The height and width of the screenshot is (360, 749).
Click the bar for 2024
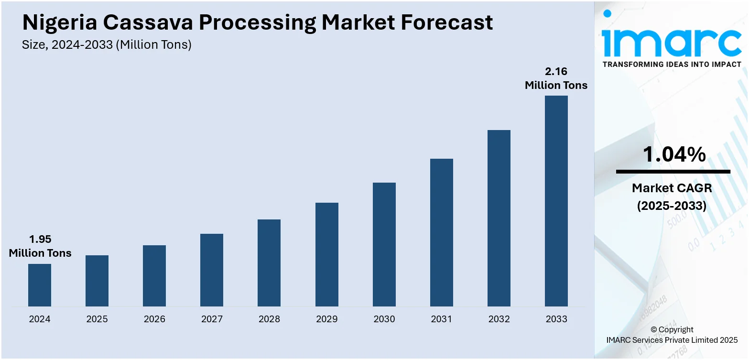40,285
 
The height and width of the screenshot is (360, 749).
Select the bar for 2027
212,270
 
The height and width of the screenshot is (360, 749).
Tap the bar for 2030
384,244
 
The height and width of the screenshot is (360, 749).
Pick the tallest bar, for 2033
556,201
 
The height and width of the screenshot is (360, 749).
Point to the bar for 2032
499,218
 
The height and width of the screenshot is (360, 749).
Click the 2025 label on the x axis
97,319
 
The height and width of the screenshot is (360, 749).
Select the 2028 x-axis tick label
269,319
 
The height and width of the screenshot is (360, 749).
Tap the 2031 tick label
442,319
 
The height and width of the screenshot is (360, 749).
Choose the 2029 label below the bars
327,319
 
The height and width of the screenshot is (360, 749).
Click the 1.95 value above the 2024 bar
40,239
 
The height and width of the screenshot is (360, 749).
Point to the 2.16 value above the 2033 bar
556,72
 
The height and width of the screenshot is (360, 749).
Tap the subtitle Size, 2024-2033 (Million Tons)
107,45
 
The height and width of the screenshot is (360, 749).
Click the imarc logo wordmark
672,42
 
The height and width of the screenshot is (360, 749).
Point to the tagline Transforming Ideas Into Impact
672,64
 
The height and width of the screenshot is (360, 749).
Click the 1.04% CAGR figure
674,154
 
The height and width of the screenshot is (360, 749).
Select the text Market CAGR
672,188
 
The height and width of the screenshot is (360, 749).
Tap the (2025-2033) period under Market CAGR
672,206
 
